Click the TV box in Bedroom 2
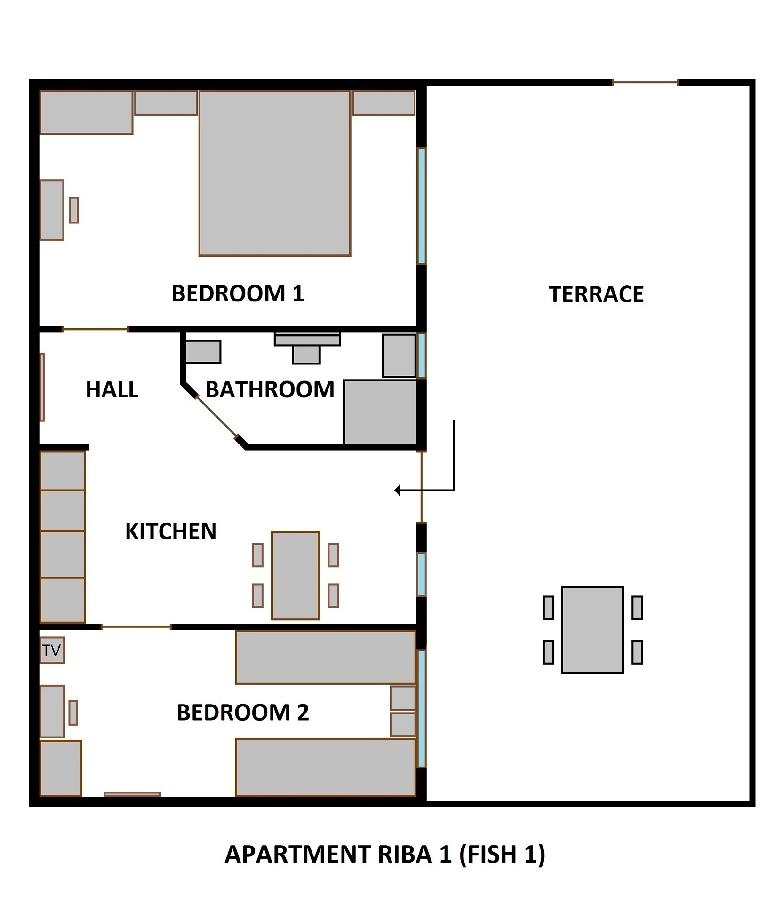52,650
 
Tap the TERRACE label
596,294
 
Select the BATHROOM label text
270,389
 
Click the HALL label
112,389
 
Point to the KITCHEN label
170,531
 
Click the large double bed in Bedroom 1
275,173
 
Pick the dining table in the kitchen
295,575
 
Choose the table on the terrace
592,630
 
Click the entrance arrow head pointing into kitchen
398,491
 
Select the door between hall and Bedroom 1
95,329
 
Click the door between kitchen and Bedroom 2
136,627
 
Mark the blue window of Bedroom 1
422,206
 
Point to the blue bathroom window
422,356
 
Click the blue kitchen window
422,574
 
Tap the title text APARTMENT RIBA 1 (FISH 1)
384,855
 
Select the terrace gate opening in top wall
645,83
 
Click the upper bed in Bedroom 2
325,657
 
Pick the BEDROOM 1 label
238,293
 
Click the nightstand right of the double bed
384,103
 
